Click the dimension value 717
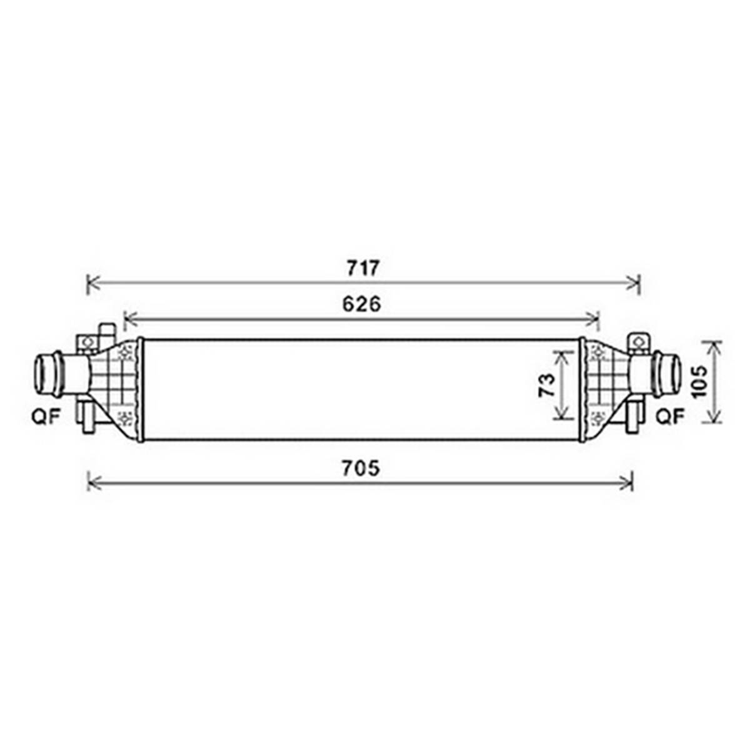coord(363,268)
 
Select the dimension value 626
coord(361,304)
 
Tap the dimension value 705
coord(361,468)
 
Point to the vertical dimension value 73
coord(548,385)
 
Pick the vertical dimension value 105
coord(698,381)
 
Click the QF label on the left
coord(46,416)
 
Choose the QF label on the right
coord(670,416)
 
